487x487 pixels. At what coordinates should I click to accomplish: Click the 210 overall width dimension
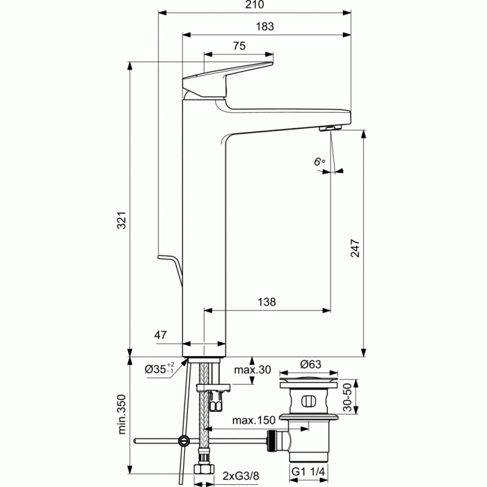tap(255, 6)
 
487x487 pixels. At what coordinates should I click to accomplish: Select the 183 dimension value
tap(265, 26)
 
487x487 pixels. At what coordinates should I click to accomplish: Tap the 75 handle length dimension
tap(239, 47)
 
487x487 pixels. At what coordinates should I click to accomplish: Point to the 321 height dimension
tap(119, 222)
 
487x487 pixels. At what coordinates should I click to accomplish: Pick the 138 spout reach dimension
tap(266, 302)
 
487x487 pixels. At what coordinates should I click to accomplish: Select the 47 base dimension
tap(161, 335)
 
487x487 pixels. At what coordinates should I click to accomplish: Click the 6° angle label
tap(319, 162)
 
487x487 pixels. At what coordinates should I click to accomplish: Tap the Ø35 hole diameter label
tap(157, 369)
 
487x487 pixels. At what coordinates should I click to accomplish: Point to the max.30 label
tap(251, 369)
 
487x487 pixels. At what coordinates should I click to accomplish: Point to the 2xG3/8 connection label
tap(241, 475)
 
